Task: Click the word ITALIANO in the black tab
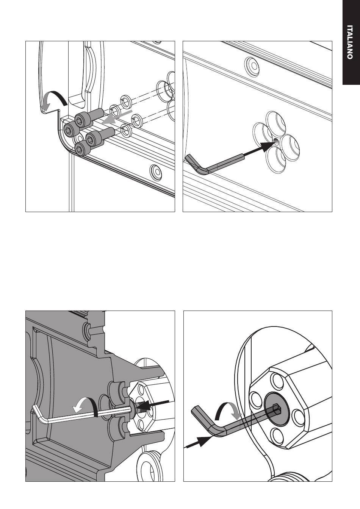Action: pos(350,42)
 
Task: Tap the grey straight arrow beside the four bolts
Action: pos(117,117)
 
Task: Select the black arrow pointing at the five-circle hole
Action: pos(260,149)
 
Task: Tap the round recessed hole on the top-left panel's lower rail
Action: pos(156,171)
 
